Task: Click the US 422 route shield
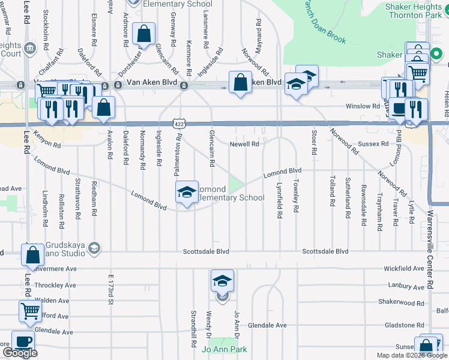point(179,123)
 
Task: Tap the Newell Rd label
point(245,144)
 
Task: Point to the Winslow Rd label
point(363,106)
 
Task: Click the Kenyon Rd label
point(47,140)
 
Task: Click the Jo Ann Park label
point(224,349)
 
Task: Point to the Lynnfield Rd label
point(280,200)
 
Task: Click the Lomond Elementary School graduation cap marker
point(187,192)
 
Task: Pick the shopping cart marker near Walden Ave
point(30,311)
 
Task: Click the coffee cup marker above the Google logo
point(23,341)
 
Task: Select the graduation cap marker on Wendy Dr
point(222,280)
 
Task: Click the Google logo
point(20,353)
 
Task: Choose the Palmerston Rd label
point(178,155)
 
